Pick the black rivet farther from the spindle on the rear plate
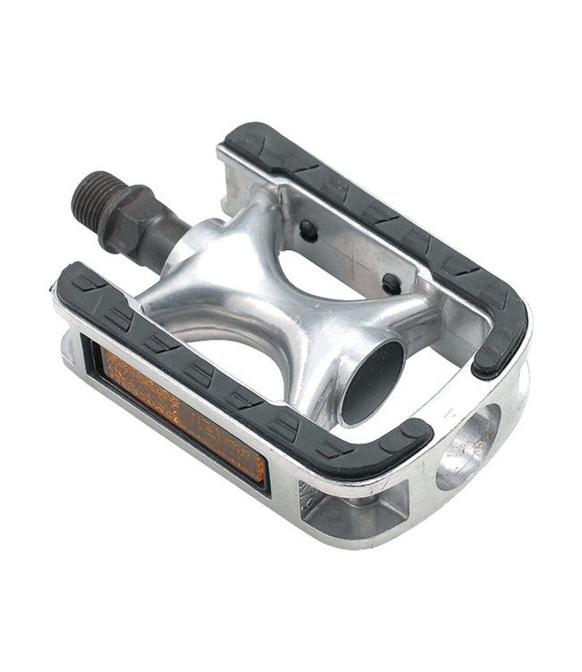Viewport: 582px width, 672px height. pyautogui.click(x=391, y=283)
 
